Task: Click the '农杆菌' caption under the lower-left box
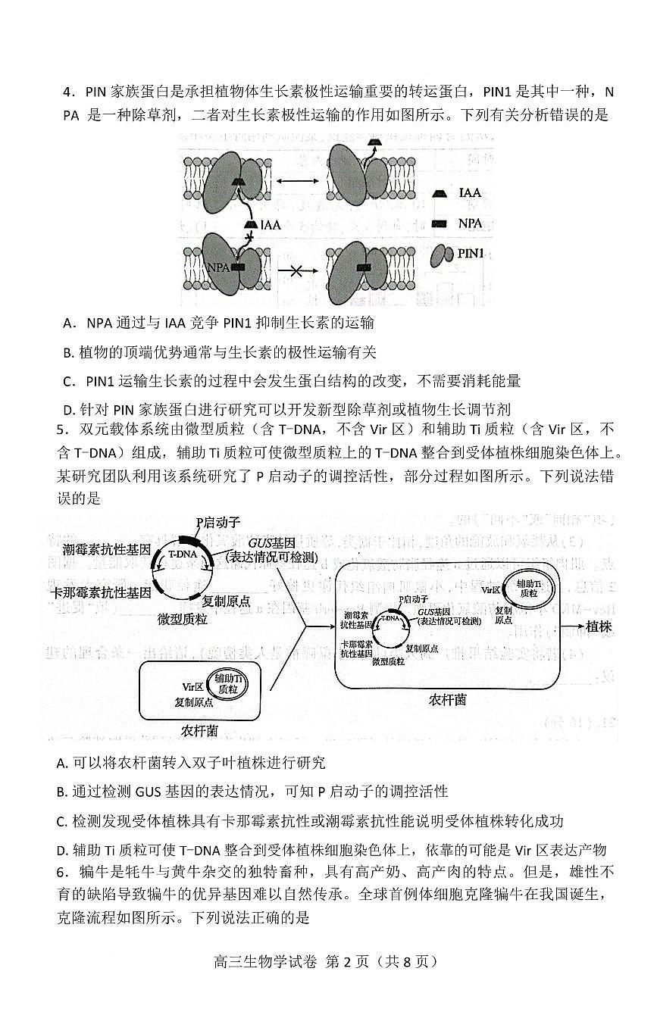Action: point(200,731)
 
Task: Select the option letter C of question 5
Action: point(61,821)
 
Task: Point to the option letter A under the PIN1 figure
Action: point(68,323)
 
